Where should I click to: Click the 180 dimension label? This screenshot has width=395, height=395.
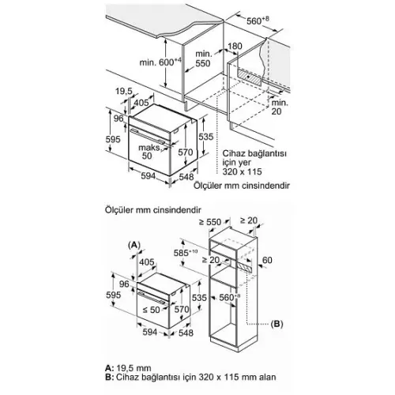(235, 46)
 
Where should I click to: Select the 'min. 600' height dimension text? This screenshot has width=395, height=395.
(160, 62)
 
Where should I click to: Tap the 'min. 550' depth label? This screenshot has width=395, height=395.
(203, 58)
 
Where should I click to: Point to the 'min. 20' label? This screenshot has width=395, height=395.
(280, 107)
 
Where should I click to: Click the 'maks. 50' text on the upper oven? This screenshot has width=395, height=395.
(149, 152)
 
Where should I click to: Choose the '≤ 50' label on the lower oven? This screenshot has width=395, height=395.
(152, 310)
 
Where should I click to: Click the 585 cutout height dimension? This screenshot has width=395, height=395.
(186, 253)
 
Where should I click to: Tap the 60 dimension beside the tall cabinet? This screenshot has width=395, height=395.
(267, 260)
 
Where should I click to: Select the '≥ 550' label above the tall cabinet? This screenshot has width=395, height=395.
(210, 222)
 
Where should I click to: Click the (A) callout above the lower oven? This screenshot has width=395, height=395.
(134, 245)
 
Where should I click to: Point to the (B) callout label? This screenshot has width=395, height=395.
(276, 324)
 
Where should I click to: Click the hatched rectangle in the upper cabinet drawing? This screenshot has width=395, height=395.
(250, 77)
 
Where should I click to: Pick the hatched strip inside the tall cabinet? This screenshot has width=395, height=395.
(243, 267)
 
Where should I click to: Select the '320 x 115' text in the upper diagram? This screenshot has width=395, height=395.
(242, 171)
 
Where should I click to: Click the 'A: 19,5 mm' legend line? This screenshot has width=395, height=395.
(128, 368)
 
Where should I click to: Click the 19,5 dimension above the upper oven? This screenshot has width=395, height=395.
(124, 91)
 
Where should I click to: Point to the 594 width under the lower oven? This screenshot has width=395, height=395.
(150, 332)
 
